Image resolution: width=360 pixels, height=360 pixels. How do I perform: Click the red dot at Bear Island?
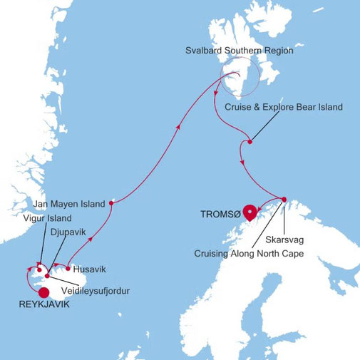coord(249,142)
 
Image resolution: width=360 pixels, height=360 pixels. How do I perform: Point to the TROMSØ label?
coord(218,212)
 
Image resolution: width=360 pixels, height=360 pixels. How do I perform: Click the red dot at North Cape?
coord(284,199)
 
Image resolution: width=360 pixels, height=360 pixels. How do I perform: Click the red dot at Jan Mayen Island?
coord(112,202)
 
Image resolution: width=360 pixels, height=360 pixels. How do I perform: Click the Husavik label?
coord(89,270)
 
